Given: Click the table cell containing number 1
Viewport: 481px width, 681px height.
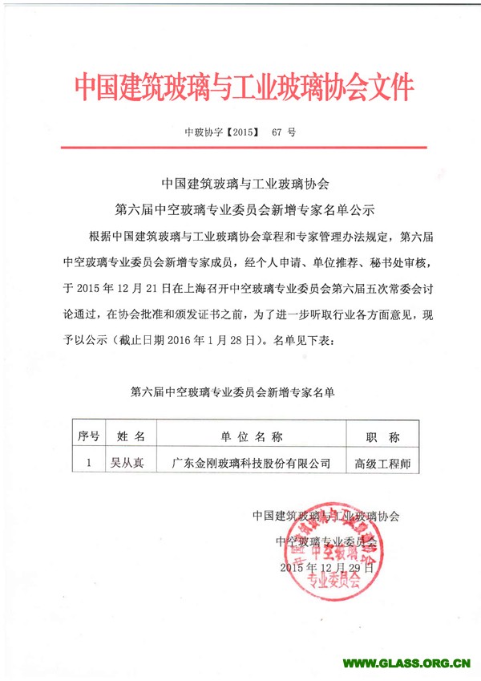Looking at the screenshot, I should (88, 462).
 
